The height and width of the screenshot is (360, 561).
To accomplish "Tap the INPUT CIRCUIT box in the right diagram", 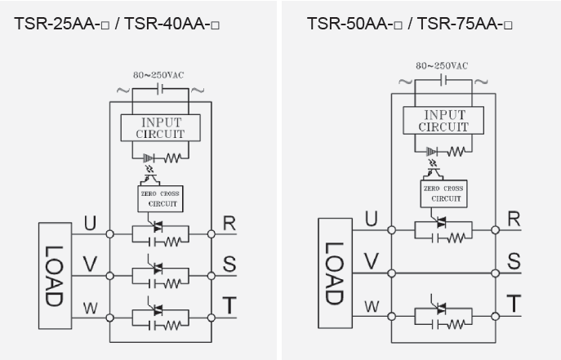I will tap(443, 120).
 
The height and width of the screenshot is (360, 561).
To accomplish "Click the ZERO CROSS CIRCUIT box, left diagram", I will tap(162, 198).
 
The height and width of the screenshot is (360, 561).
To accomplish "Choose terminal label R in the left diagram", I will tap(230, 223).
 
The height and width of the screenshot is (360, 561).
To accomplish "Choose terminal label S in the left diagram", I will tap(230, 264).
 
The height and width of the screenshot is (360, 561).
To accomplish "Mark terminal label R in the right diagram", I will tap(514, 218).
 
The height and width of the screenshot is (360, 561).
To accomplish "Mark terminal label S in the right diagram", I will tap(514, 261).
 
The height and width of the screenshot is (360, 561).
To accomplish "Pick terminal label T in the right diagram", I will tap(514, 304).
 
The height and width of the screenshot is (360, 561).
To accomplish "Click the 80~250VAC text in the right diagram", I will tap(442, 65).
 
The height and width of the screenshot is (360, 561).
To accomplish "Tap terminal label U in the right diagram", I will tap(372, 218).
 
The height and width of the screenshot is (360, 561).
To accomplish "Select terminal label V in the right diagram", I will tap(372, 261).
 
